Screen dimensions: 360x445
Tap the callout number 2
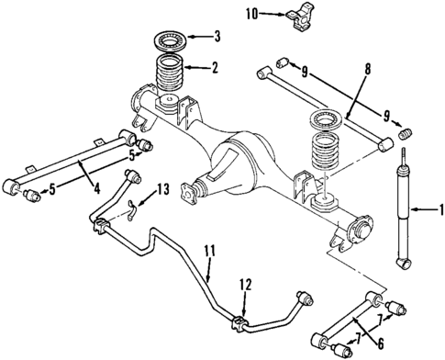point(214,67)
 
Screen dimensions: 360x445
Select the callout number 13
point(163,189)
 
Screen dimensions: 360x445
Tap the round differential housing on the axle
point(243,152)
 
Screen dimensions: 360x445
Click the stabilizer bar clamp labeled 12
point(240,323)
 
